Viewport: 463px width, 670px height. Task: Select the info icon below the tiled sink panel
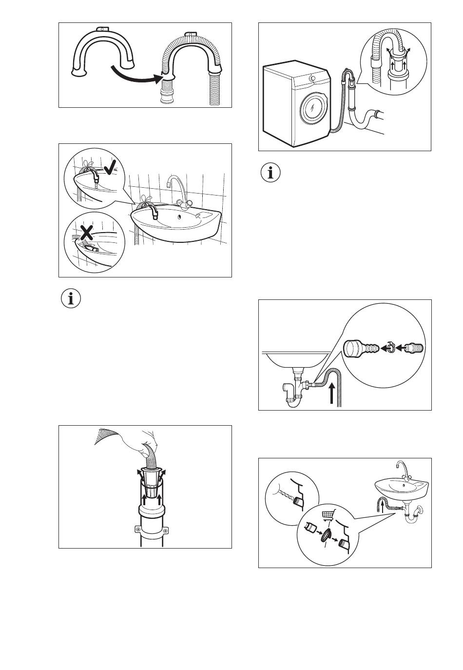coord(71,298)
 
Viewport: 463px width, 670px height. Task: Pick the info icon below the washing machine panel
coord(270,173)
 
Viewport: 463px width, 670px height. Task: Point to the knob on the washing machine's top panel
coord(312,78)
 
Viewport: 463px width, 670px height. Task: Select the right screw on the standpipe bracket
coord(166,530)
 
